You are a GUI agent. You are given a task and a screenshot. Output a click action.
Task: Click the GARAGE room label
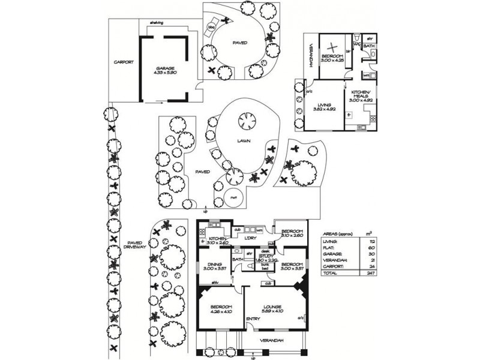pyautogui.click(x=165, y=68)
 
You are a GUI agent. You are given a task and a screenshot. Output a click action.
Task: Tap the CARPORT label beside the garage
pyautogui.click(x=124, y=62)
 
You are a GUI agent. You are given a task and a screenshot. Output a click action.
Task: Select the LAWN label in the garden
pyautogui.click(x=243, y=142)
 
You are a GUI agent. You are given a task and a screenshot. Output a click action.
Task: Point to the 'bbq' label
pyautogui.click(x=211, y=27)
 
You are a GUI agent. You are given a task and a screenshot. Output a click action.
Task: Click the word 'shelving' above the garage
pyautogui.click(x=155, y=23)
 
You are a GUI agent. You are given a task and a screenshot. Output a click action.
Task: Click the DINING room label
pyautogui.click(x=215, y=264)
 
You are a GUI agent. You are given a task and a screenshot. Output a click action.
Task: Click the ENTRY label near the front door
pyautogui.click(x=253, y=319)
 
